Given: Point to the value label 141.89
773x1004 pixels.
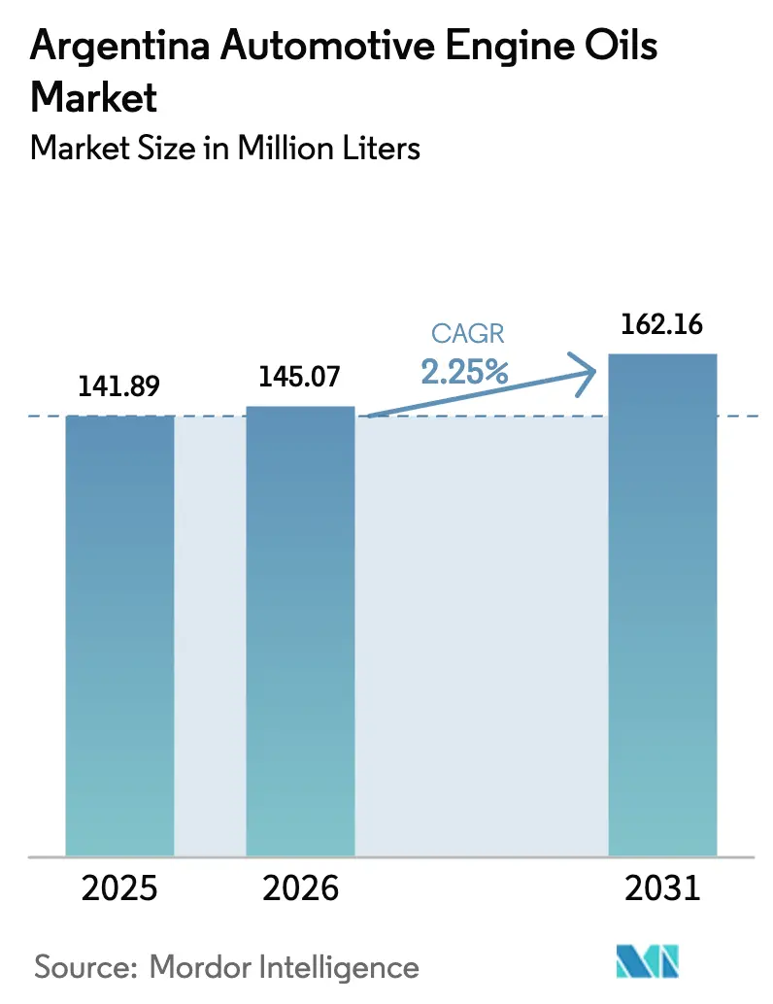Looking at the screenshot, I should coord(118,386).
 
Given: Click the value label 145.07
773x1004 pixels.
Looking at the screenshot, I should coord(300,376).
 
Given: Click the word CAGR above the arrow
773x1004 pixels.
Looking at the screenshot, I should coord(468,335).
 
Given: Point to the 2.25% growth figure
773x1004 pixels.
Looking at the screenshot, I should coord(465,371).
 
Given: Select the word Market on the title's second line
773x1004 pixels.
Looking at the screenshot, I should coord(94,97).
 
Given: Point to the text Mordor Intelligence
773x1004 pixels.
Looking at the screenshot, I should coord(284,967).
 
